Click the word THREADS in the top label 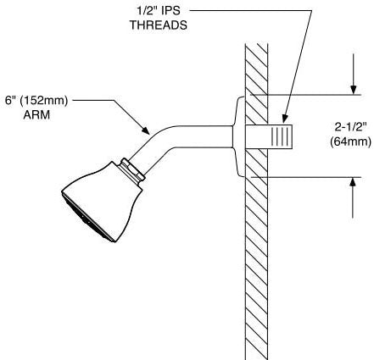click(159, 25)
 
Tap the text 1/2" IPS click(159, 11)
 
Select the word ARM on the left click(36, 115)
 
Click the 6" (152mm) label click(36, 101)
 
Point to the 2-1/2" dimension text click(350, 127)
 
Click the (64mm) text click(350, 141)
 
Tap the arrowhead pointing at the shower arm click(145, 130)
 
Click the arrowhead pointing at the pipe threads click(285, 119)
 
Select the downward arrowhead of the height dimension click(353, 90)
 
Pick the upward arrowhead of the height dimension click(353, 183)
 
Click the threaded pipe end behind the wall click(269, 136)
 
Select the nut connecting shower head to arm click(132, 171)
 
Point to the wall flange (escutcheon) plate click(239, 137)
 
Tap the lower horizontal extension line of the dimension click(305, 177)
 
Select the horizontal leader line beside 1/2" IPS click(250, 11)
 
